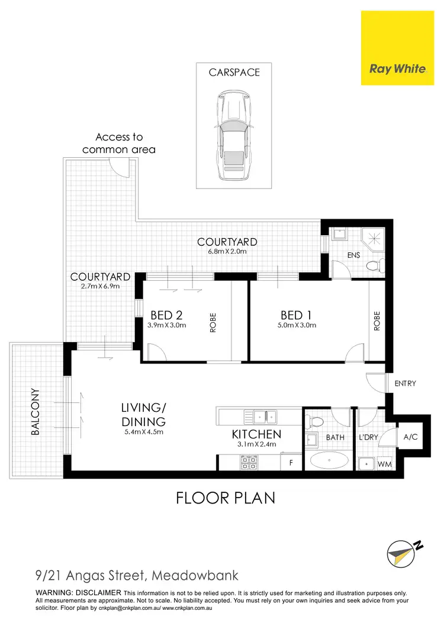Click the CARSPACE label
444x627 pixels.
tap(234, 73)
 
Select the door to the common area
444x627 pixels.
tap(120, 168)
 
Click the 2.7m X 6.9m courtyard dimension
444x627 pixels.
tap(100, 286)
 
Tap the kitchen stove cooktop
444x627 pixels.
tap(249, 463)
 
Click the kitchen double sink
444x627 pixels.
tap(265, 417)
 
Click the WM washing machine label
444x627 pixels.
tap(385, 465)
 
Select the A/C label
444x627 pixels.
tap(410, 438)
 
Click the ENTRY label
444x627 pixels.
tap(405, 384)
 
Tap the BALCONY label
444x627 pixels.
tap(36, 412)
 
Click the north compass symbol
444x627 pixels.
tap(400, 552)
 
